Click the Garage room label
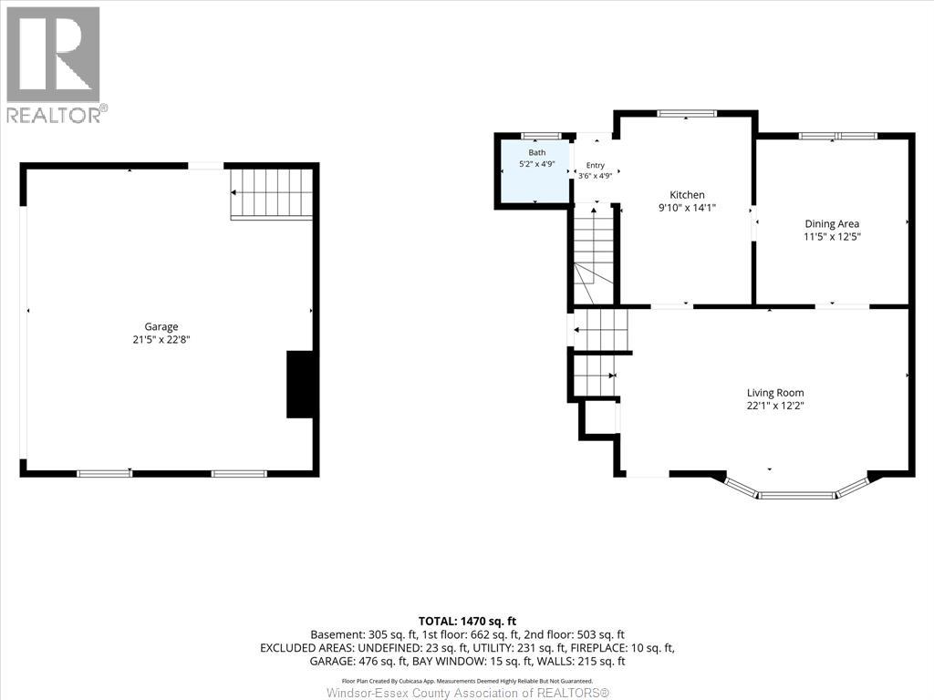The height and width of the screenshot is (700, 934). tap(161, 327)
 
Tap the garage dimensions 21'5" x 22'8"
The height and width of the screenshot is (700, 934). tap(161, 341)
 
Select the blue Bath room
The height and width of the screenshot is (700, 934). tap(534, 171)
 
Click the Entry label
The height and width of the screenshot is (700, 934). tap(595, 166)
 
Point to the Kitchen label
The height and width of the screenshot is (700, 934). tap(687, 195)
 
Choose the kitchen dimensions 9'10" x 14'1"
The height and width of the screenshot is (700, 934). tap(687, 208)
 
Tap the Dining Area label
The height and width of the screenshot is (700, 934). tap(832, 224)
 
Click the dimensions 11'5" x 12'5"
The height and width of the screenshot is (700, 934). tap(832, 237)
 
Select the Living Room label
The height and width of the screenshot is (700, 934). tap(775, 393)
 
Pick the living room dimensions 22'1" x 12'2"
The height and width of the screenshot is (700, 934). tap(775, 406)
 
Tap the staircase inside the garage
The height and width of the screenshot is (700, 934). tap(272, 194)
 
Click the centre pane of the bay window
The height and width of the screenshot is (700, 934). tap(797, 495)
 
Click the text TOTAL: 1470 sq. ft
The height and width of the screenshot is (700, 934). tap(468, 622)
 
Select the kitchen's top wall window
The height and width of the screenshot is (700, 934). tap(686, 113)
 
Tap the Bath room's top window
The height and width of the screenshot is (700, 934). tap(541, 136)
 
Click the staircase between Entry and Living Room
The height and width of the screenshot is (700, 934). tap(593, 255)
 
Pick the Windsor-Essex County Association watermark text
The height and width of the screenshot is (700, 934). tap(468, 693)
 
